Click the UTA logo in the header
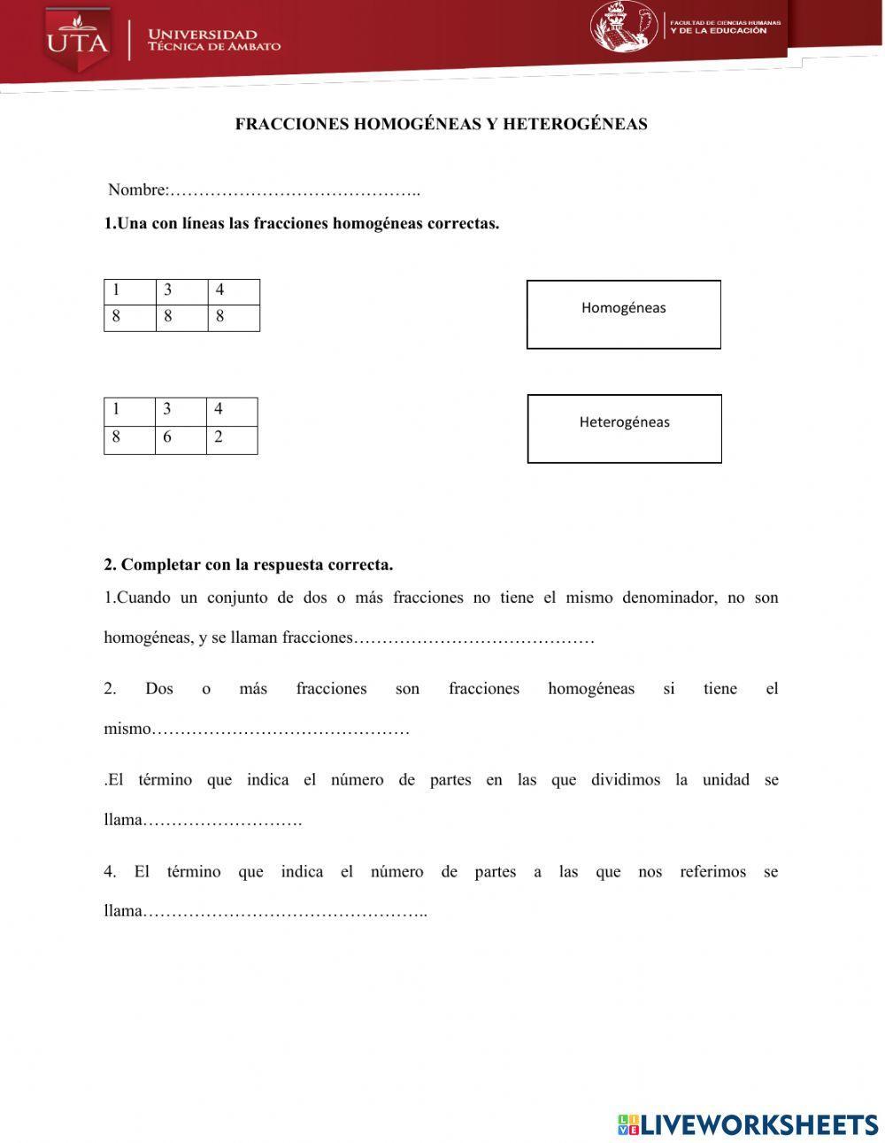[78, 41]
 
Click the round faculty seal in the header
[624, 27]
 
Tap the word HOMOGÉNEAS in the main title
[417, 124]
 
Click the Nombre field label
[137, 189]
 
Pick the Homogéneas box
[624, 314]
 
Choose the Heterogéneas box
[625, 429]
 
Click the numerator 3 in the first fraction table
[168, 290]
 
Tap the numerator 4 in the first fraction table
[220, 290]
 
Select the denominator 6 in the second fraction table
[167, 437]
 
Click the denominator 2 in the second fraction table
[219, 437]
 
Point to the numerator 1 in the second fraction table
[116, 409]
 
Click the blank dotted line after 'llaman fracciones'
[473, 638]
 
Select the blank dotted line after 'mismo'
[281, 730]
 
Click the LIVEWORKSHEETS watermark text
[759, 1124]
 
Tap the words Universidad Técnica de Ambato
[214, 41]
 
